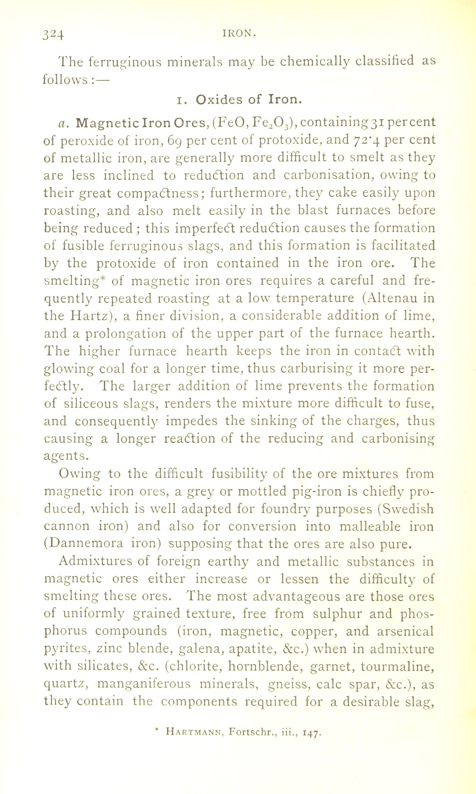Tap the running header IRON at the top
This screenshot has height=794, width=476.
(238, 33)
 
